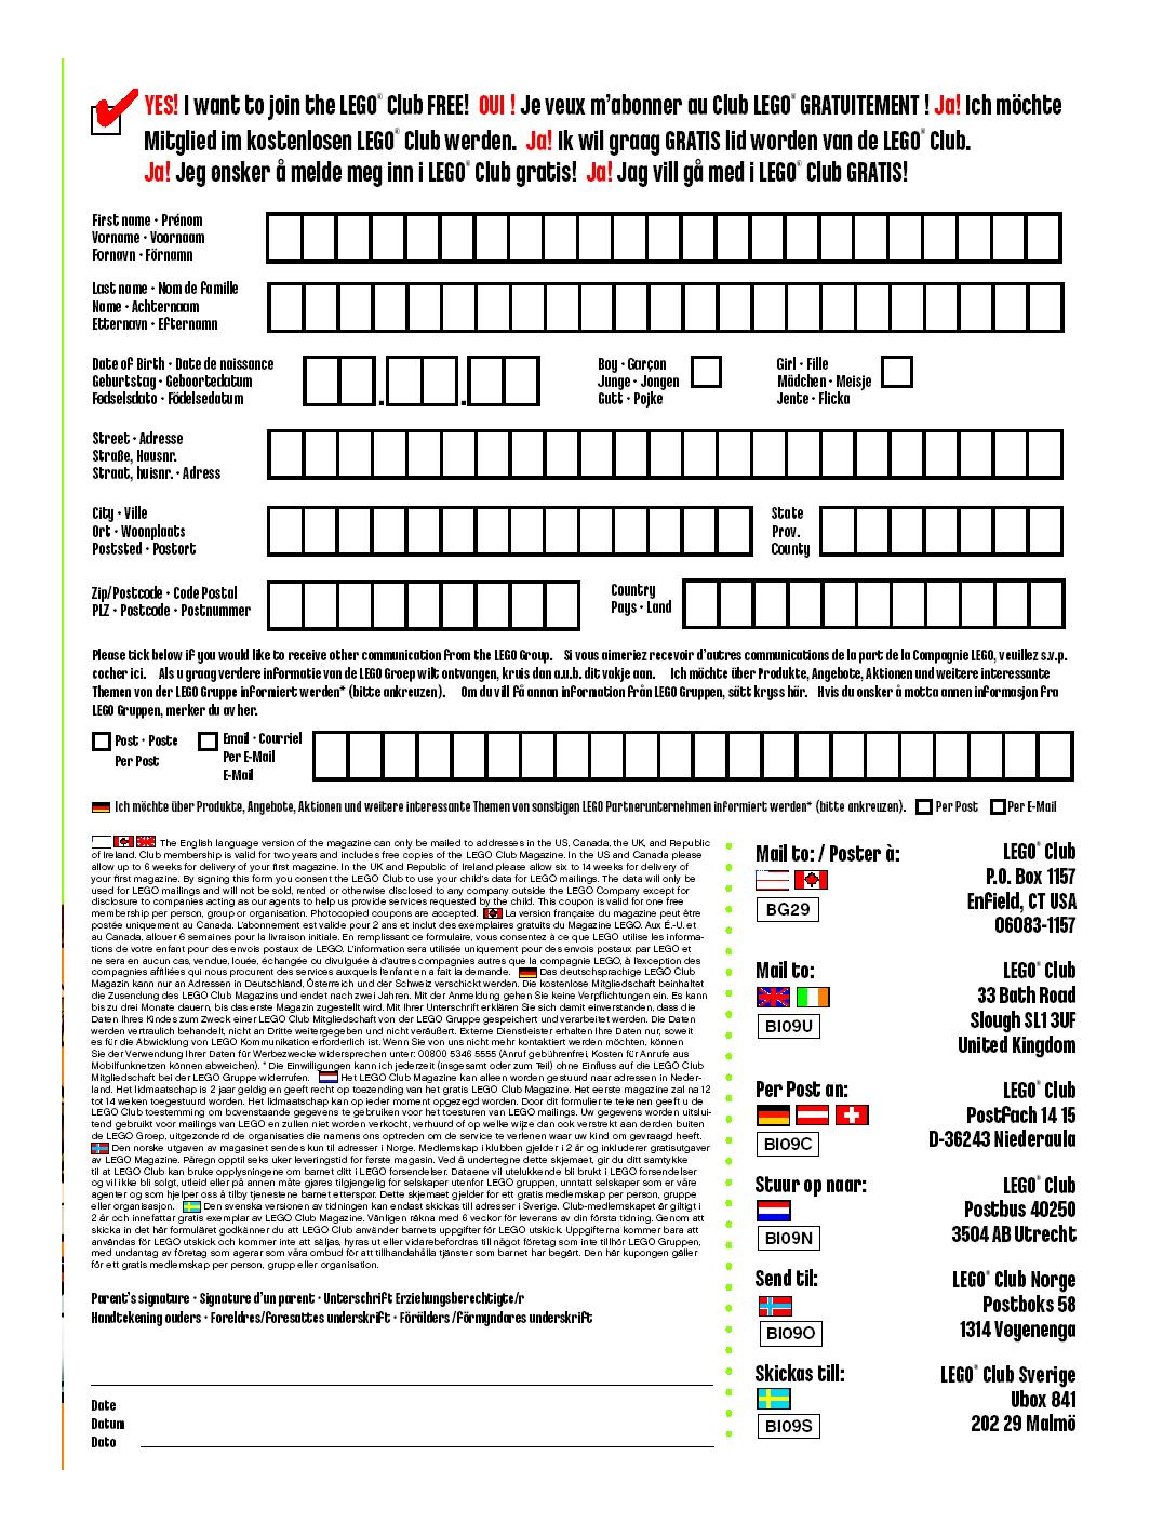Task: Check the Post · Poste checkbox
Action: (x=102, y=742)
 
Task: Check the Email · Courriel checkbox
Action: (x=208, y=742)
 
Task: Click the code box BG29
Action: (x=787, y=909)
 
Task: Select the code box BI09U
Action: (x=788, y=1026)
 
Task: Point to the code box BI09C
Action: (x=787, y=1144)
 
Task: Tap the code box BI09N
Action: (x=788, y=1238)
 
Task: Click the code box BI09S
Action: (x=788, y=1426)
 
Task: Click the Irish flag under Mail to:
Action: (x=812, y=997)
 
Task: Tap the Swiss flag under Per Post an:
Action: (x=851, y=1115)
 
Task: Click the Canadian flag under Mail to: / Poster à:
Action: (x=811, y=880)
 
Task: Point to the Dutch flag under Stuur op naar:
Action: (x=773, y=1210)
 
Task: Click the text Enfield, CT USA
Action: (x=1021, y=901)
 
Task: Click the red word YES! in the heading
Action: (x=161, y=105)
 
